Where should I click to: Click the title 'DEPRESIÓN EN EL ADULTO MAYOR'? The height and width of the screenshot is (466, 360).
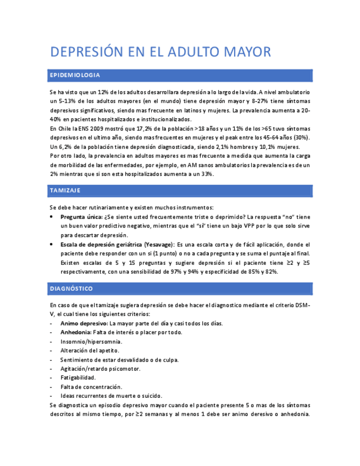tap(160, 52)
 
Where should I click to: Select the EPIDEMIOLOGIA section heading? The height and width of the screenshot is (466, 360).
tap(75, 75)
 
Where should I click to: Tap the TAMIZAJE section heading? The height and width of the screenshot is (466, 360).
tap(65, 191)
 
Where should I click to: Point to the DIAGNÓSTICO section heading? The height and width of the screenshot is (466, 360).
tap(71, 289)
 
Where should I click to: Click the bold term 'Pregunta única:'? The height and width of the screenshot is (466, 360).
tap(81, 217)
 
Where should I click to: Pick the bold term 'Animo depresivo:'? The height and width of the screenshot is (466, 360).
tap(84, 323)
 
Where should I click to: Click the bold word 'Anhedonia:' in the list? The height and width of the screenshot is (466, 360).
tap(76, 332)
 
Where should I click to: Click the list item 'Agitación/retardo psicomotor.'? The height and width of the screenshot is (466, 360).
tap(101, 368)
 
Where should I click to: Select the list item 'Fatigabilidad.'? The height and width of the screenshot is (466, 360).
tap(78, 378)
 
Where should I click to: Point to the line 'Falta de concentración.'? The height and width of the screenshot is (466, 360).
tap(91, 386)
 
